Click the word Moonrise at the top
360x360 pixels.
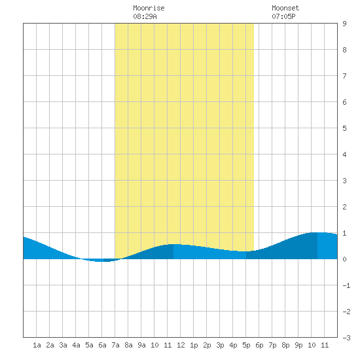pos(149,8)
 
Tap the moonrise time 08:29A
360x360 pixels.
pos(145,16)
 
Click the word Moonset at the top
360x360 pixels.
pos(285,8)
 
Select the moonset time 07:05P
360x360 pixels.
pos(283,16)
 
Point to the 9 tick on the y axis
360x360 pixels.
pos(344,24)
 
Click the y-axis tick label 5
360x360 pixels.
pos(344,128)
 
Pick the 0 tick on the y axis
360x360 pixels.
pos(344,259)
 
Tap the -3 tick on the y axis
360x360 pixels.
pos(346,338)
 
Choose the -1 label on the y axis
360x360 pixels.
pos(346,285)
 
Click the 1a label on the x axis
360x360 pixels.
pos(37,345)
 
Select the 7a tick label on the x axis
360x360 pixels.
pos(115,345)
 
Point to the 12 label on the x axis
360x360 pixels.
pos(181,345)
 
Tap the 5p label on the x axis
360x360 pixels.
pos(246,345)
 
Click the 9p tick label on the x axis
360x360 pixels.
pos(298,345)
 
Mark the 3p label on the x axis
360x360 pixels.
pos(220,345)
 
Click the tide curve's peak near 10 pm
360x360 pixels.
pos(317,232)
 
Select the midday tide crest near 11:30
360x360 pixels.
pos(173,244)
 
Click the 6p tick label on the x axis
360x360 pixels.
pos(259,345)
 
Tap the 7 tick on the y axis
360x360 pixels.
pos(344,76)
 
